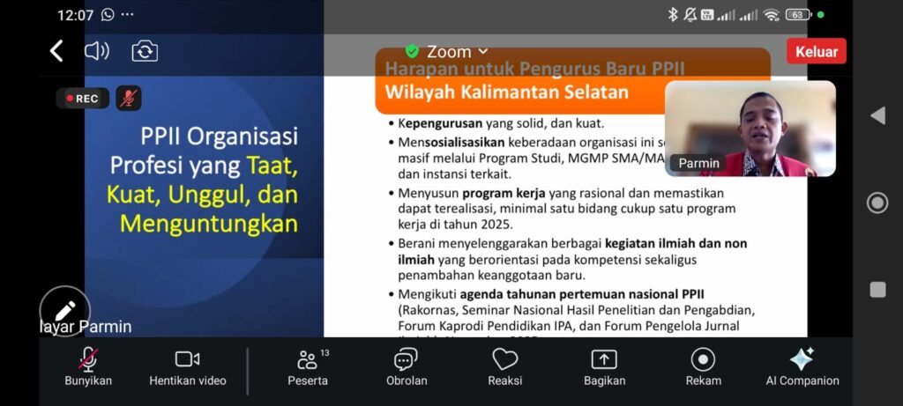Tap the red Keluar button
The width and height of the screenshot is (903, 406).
816,51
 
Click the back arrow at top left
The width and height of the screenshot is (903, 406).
56,51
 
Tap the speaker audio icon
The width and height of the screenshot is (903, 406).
96,51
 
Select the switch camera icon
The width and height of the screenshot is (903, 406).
145,51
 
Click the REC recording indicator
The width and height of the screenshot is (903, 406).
83,99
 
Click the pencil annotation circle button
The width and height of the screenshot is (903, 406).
65,311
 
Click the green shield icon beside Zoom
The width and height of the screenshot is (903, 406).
412,51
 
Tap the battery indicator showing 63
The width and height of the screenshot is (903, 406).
797,15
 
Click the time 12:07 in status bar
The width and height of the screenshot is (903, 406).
76,15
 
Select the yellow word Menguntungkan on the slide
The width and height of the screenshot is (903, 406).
209,224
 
